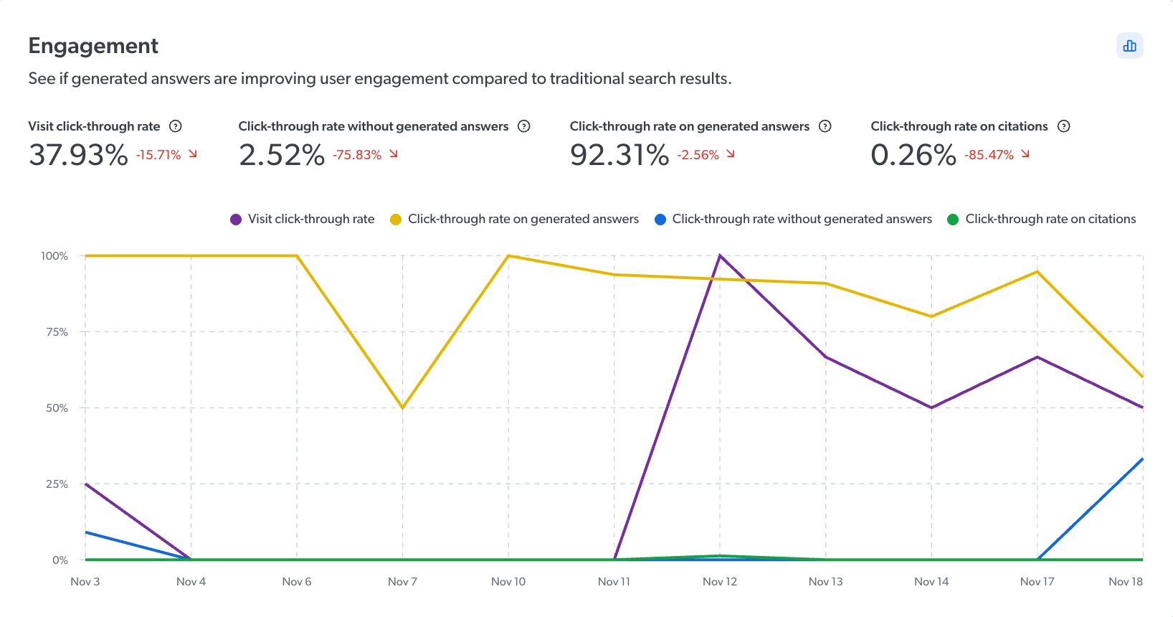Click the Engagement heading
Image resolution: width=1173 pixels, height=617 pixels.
pos(93,46)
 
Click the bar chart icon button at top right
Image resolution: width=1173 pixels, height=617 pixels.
pos(1129,46)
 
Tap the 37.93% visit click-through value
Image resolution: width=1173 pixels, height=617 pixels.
pos(78,155)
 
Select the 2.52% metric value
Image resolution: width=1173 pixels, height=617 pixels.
pos(282,155)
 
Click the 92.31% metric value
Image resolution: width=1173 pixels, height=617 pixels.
pos(619,155)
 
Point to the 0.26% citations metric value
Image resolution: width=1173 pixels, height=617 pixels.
pos(913,155)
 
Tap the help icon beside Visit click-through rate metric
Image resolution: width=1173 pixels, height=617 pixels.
pos(176,126)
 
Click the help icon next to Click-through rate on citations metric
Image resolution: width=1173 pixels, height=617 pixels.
pos(1064,126)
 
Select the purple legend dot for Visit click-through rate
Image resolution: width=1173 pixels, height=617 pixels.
pos(236,220)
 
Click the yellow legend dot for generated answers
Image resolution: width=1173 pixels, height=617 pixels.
pos(396,220)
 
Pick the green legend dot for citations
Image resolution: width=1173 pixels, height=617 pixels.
pos(953,220)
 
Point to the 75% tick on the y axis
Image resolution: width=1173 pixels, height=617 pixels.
pos(57,331)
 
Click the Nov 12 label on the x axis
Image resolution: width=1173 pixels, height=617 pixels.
pos(720,581)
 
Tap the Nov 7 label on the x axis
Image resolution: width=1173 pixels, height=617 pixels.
pos(402,581)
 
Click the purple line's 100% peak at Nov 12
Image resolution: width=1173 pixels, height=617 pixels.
pos(720,255)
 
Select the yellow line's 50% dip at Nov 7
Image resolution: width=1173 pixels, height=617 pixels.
pos(403,408)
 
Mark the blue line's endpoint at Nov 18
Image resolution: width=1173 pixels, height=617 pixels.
pos(1142,459)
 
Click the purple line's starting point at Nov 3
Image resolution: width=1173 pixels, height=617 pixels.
pos(86,484)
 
